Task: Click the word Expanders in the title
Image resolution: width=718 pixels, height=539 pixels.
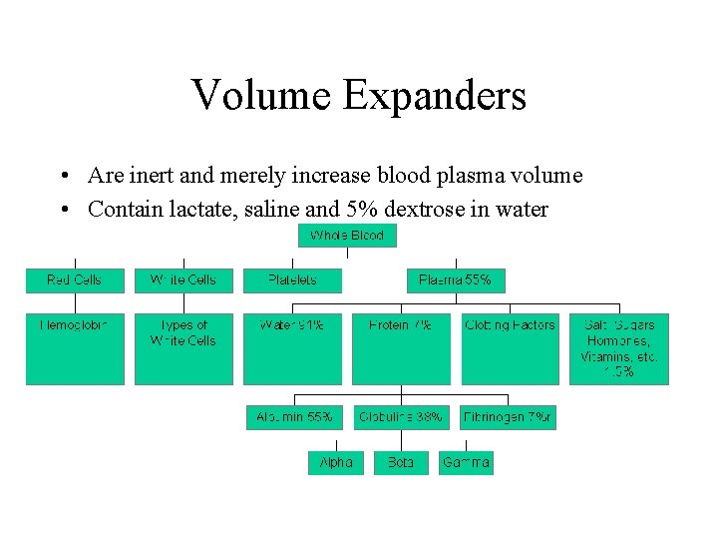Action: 435,96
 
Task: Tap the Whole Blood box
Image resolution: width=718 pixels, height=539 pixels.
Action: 347,236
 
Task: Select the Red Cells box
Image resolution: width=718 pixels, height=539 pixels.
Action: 75,280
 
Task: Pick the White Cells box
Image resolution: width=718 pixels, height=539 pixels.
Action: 183,280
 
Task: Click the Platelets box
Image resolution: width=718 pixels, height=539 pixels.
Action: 292,280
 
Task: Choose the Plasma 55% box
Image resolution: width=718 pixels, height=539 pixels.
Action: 456,280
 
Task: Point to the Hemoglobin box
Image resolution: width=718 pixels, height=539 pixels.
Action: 75,348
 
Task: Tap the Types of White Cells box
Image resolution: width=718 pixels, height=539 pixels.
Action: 183,348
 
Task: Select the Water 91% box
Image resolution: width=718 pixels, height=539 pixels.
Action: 292,348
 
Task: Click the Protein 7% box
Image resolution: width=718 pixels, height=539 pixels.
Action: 401,348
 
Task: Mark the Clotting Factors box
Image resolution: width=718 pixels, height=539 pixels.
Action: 510,348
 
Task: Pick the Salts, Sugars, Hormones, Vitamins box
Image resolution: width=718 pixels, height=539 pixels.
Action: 618,348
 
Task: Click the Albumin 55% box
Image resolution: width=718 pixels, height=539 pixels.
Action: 292,416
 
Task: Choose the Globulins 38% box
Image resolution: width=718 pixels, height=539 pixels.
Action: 401,416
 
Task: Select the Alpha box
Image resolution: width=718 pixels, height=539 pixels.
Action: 336,463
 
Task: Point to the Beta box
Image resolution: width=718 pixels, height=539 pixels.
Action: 401,463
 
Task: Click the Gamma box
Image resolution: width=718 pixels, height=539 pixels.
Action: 466,463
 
